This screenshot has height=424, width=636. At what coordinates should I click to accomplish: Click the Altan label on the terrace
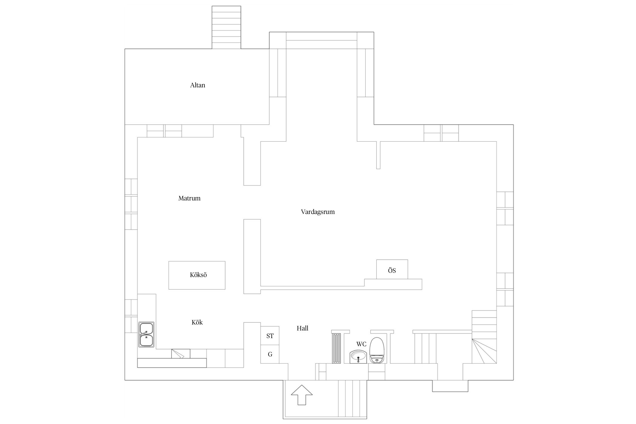coord(198,85)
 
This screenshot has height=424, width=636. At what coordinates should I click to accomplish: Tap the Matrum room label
coord(189,198)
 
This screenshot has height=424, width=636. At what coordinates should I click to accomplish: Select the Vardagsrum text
coord(318,212)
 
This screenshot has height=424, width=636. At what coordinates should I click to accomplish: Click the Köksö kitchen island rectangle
coord(197,275)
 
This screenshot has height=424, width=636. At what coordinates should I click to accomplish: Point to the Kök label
coord(197,322)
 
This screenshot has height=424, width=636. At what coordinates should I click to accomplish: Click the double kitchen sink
coord(146,334)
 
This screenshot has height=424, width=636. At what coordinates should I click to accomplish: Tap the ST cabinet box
coord(270,336)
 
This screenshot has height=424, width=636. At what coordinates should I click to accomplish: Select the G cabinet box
coord(270,354)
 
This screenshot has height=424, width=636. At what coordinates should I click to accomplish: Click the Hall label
coord(302,328)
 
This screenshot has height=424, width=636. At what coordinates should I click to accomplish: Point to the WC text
coord(361,344)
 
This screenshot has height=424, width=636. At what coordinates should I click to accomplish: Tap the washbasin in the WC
coord(358,357)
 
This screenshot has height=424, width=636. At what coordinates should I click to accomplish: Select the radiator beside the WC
coord(337,348)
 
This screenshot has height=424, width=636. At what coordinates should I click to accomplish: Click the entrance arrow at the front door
coord(302,395)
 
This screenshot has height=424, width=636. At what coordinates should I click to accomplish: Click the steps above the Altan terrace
coord(226,27)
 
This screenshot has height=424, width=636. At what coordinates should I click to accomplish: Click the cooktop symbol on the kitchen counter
coord(181,354)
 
